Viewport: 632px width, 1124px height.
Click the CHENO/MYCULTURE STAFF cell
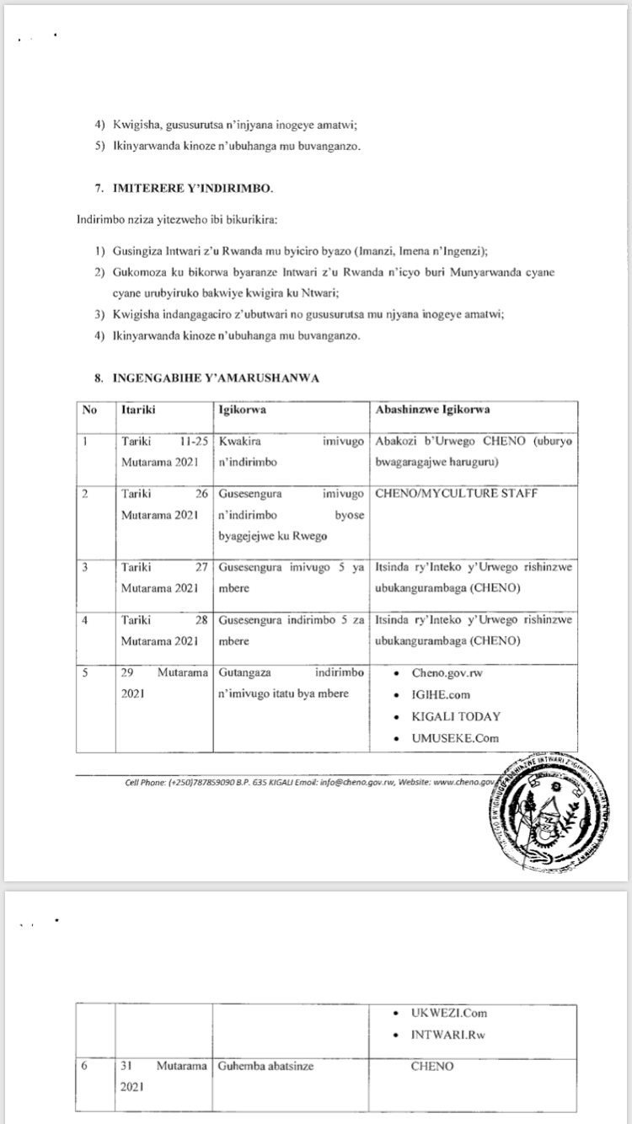point(457,493)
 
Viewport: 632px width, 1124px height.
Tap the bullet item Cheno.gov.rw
point(447,673)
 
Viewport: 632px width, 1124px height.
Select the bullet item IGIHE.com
point(441,695)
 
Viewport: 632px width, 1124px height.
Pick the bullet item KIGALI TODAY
point(456,717)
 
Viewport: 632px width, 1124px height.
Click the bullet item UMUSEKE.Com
point(455,738)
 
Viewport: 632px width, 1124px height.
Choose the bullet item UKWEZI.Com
point(449,1013)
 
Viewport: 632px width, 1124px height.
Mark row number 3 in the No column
point(85,567)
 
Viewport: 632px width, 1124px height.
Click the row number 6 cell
point(85,1067)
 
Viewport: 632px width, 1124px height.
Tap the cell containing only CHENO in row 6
point(431,1067)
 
